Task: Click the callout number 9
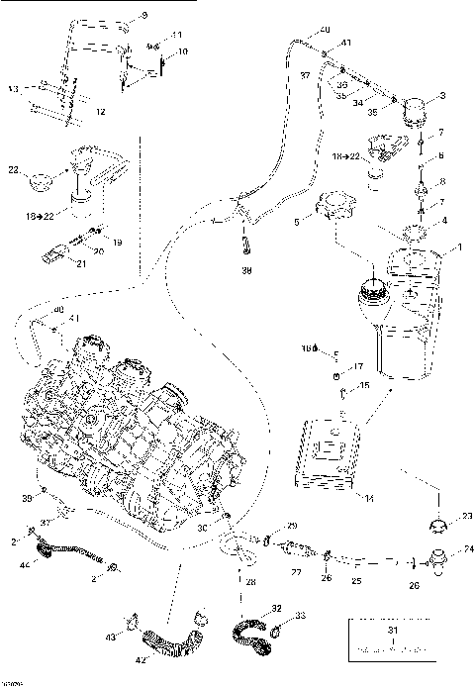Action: pyautogui.click(x=142, y=16)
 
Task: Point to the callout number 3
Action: pyautogui.click(x=441, y=96)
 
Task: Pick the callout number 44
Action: pyautogui.click(x=26, y=565)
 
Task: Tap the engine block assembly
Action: pyautogui.click(x=129, y=416)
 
